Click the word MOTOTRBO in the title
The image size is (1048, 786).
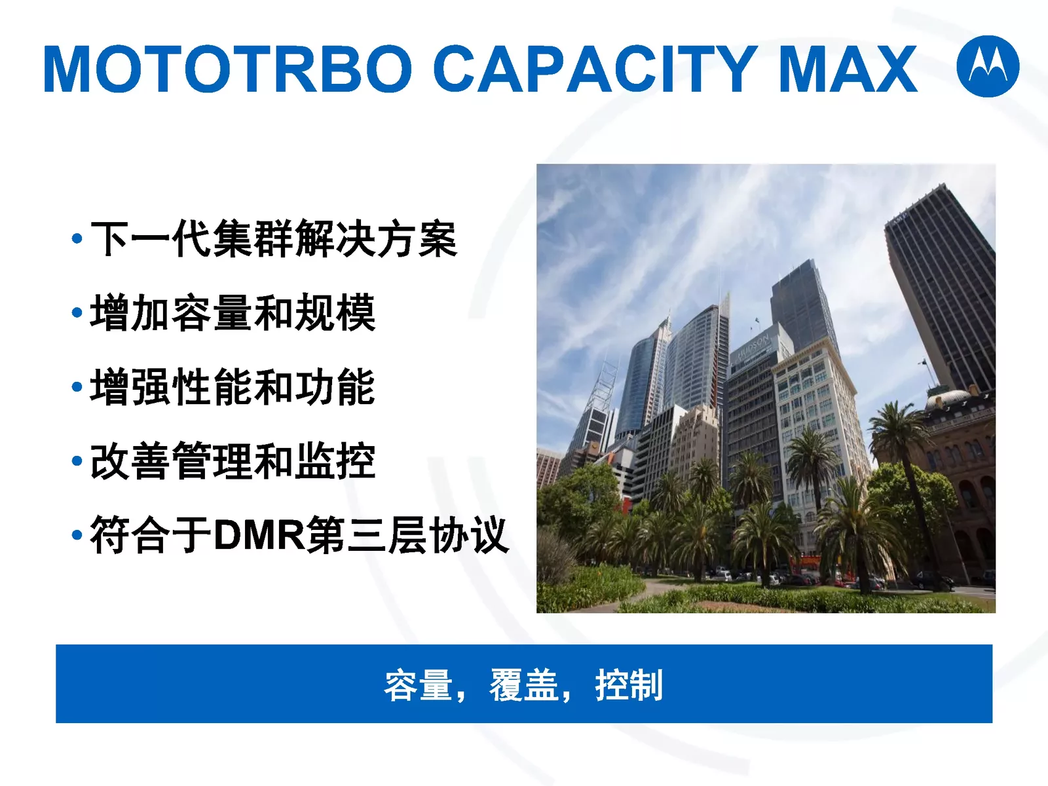(x=228, y=69)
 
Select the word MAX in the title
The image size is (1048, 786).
(x=848, y=69)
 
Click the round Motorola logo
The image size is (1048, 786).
(x=988, y=66)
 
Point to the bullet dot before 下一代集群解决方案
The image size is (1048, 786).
(x=77, y=238)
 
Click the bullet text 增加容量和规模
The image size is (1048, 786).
(x=233, y=313)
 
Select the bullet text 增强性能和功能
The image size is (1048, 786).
(x=233, y=387)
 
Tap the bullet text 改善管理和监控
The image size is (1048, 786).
(x=233, y=461)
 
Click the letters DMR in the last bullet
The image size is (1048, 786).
(x=259, y=535)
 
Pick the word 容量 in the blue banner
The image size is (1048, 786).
(x=419, y=685)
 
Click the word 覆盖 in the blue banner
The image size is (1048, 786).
(x=524, y=685)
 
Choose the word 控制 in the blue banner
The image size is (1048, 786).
(x=629, y=685)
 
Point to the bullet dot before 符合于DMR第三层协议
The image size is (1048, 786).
(x=77, y=535)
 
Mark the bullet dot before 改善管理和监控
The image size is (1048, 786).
(x=77, y=461)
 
